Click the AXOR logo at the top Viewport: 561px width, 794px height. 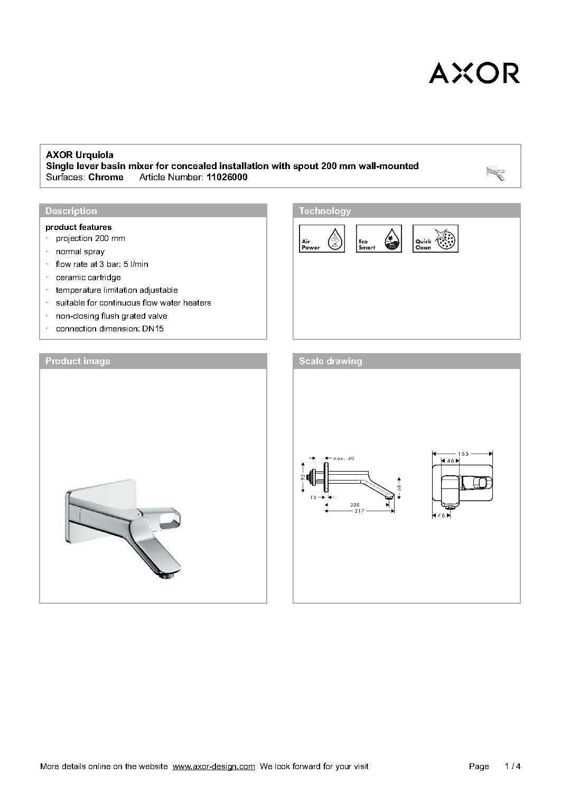click(474, 73)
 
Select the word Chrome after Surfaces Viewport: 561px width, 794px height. click(106, 178)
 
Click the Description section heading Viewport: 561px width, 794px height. click(71, 211)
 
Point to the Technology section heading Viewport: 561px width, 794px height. click(325, 211)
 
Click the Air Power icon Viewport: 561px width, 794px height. click(322, 238)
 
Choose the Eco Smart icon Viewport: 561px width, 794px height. click(379, 238)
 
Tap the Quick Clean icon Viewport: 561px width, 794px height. click(435, 238)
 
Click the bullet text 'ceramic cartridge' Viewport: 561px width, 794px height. click(88, 278)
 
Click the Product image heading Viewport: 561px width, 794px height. click(78, 361)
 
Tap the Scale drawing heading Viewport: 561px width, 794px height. click(331, 361)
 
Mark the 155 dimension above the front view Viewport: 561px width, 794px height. click(463, 453)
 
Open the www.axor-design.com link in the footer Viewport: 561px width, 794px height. click(214, 767)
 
